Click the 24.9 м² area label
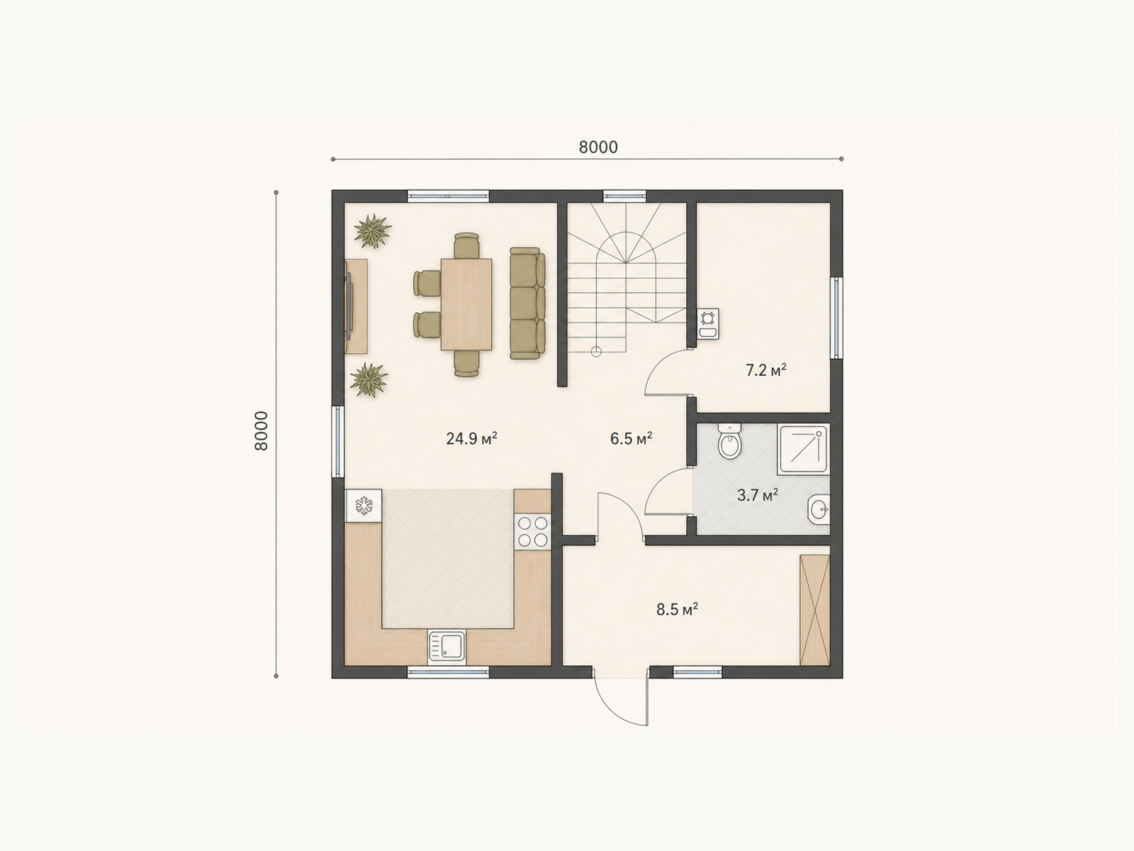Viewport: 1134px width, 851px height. tap(471, 439)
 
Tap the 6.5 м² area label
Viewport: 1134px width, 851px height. tap(631, 439)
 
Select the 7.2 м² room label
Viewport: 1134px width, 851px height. tap(765, 370)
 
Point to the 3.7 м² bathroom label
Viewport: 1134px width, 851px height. tap(758, 496)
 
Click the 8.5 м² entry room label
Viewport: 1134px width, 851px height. tap(677, 610)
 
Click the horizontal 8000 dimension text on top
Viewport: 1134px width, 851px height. tap(598, 148)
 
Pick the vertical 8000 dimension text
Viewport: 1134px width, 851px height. tap(262, 431)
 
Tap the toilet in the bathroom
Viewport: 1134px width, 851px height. tap(729, 440)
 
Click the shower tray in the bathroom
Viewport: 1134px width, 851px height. tap(804, 449)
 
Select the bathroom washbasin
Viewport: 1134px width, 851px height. tap(819, 509)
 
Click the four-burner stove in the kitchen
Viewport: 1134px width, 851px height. tap(533, 532)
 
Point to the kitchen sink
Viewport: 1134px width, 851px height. tap(447, 646)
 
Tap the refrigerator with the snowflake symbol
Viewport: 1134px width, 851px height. tap(363, 506)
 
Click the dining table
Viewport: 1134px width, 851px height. tap(466, 304)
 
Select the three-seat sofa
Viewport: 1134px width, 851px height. tap(527, 304)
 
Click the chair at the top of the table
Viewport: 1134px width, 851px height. tap(466, 245)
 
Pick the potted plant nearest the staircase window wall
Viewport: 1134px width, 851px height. tap(372, 230)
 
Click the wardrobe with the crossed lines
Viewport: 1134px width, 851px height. tap(815, 610)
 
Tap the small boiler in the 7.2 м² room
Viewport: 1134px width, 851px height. tap(708, 324)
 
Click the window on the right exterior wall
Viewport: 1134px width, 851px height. tap(836, 318)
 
